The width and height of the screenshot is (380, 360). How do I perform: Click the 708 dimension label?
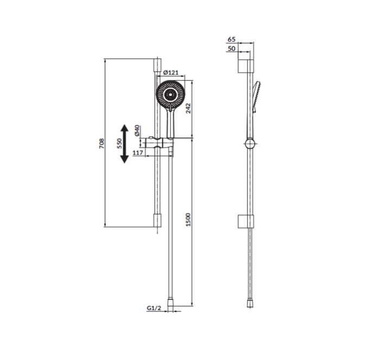pos(102,143)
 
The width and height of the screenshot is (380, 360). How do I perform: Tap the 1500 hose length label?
pos(188,220)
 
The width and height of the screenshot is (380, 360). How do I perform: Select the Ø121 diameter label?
pos(170,73)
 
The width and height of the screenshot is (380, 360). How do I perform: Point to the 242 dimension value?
pos(188,108)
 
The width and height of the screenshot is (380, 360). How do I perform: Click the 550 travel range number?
pos(119,144)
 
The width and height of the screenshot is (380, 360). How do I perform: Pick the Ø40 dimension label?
pos(137,130)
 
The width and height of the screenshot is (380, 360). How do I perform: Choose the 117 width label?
pos(138,153)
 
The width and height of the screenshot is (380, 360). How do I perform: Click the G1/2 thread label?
pos(154,308)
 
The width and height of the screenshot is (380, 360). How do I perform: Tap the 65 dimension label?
pos(231,39)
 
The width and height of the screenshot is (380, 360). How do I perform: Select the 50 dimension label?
pos(231,48)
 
